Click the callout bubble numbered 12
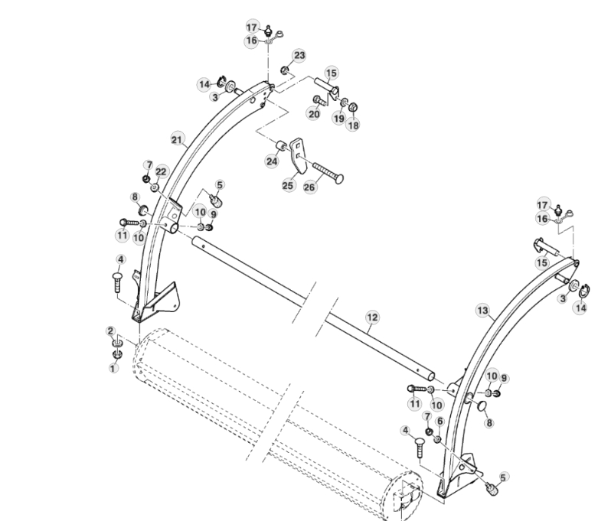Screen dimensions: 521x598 371,317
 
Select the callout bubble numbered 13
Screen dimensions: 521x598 482,310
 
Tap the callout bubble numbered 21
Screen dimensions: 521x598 178,139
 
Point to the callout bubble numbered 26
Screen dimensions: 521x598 310,187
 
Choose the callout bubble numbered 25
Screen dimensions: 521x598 288,185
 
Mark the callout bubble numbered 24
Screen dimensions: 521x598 272,162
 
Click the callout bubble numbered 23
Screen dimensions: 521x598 299,55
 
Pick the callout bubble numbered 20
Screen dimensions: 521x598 314,114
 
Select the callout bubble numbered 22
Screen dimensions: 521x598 161,171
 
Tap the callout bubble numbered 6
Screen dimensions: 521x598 440,421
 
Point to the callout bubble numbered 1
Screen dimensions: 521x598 114,368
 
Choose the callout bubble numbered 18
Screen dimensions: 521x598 352,125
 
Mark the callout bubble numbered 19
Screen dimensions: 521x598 338,119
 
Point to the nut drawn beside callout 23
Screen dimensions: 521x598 285,70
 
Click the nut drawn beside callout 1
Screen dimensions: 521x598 117,353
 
